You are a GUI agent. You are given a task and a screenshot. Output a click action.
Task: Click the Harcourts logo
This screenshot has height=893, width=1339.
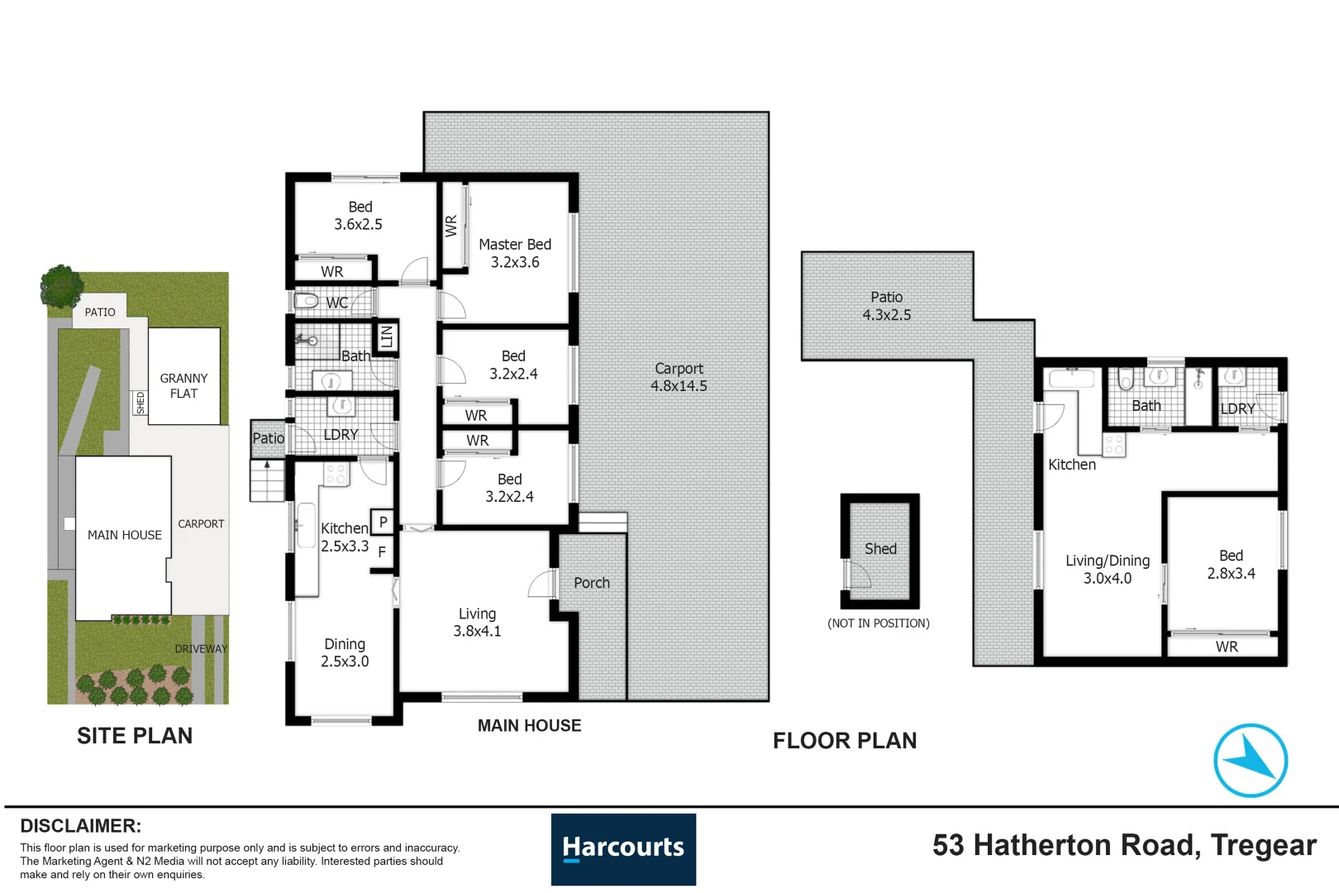(x=623, y=848)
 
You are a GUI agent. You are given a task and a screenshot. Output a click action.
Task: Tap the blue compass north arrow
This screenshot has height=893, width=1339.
(x=1250, y=760)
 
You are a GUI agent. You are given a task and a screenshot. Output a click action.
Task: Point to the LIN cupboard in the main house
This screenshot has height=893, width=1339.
(x=386, y=337)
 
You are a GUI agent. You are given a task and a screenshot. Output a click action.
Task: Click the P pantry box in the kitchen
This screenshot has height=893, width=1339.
(x=383, y=523)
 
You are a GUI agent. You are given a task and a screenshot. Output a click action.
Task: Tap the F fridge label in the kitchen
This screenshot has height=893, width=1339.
(x=382, y=552)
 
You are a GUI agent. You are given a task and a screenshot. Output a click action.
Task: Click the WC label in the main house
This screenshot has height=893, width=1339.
(x=336, y=303)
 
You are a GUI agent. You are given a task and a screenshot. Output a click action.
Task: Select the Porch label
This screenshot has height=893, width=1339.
(x=592, y=583)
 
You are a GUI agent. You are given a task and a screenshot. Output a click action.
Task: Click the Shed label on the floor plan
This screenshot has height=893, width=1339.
(x=880, y=548)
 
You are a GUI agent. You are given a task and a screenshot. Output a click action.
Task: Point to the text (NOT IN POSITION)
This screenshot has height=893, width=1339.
(x=878, y=623)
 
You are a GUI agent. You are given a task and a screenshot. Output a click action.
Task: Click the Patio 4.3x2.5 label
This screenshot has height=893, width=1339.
(x=887, y=306)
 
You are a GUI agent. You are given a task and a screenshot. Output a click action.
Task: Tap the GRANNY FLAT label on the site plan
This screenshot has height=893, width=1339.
(x=183, y=386)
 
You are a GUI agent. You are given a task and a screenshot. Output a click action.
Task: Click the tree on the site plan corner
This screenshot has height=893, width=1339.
(x=61, y=286)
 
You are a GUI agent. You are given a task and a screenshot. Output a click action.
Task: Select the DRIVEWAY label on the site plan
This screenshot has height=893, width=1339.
(x=201, y=648)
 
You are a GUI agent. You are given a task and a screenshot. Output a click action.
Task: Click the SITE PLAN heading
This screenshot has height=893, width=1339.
(x=135, y=736)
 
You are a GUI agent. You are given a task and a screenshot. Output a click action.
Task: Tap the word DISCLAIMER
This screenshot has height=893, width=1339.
(x=81, y=826)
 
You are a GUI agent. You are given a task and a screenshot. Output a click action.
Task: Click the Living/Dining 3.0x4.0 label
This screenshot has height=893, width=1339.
(x=1108, y=570)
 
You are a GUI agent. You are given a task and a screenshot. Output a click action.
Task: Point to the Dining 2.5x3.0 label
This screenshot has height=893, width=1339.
(x=345, y=652)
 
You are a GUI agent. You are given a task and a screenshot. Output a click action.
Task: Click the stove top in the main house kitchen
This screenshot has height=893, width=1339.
(x=336, y=474)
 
